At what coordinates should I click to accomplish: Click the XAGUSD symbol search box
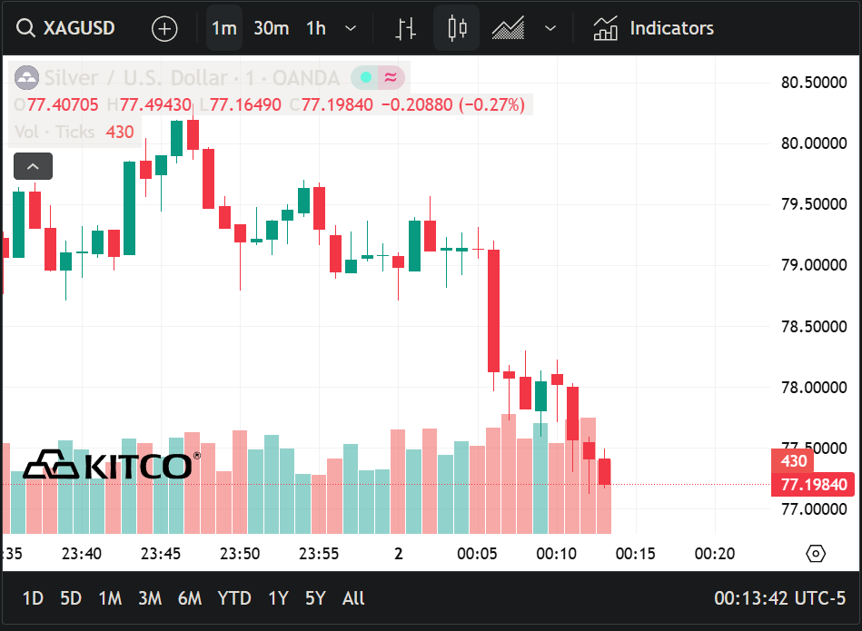click(x=68, y=28)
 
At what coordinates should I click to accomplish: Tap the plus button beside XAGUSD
click(x=164, y=28)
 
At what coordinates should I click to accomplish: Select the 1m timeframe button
click(x=223, y=28)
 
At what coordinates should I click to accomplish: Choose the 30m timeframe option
click(x=271, y=28)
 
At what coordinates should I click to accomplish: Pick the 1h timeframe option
click(x=316, y=28)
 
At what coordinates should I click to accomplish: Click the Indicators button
click(x=654, y=28)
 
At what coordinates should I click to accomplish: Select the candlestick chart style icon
click(x=457, y=28)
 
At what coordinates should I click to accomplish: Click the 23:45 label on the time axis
click(x=161, y=554)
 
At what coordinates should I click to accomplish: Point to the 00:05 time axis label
click(x=477, y=554)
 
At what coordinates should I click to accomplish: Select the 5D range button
click(x=71, y=598)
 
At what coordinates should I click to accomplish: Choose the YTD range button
click(x=234, y=598)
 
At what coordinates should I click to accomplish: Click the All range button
click(x=353, y=598)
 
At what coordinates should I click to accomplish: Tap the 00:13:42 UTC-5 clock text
click(x=779, y=598)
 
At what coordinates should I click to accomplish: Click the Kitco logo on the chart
click(x=107, y=465)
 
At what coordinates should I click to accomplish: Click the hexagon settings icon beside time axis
click(x=816, y=554)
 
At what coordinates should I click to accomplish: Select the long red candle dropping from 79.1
click(x=493, y=311)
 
